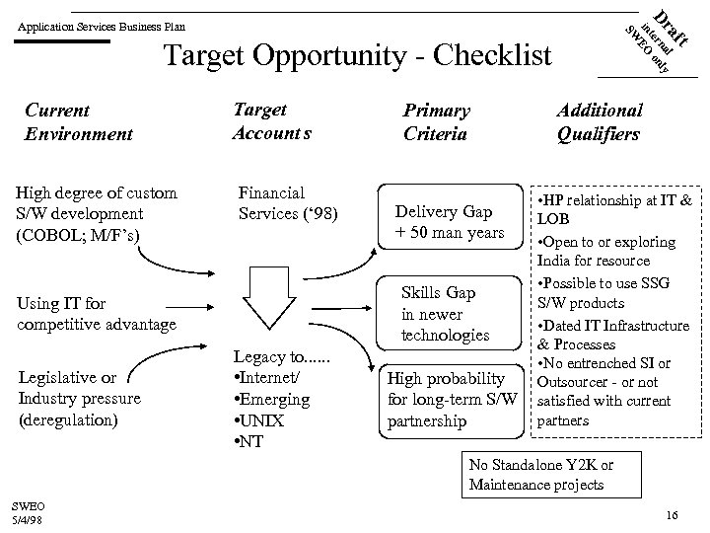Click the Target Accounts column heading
(x=271, y=121)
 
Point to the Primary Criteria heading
(x=436, y=122)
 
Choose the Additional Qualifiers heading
(x=599, y=122)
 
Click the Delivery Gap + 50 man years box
(x=450, y=222)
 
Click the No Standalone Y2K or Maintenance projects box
(x=541, y=475)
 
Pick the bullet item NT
(x=251, y=440)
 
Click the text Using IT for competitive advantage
(x=97, y=313)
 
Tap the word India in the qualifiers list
(x=555, y=261)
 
